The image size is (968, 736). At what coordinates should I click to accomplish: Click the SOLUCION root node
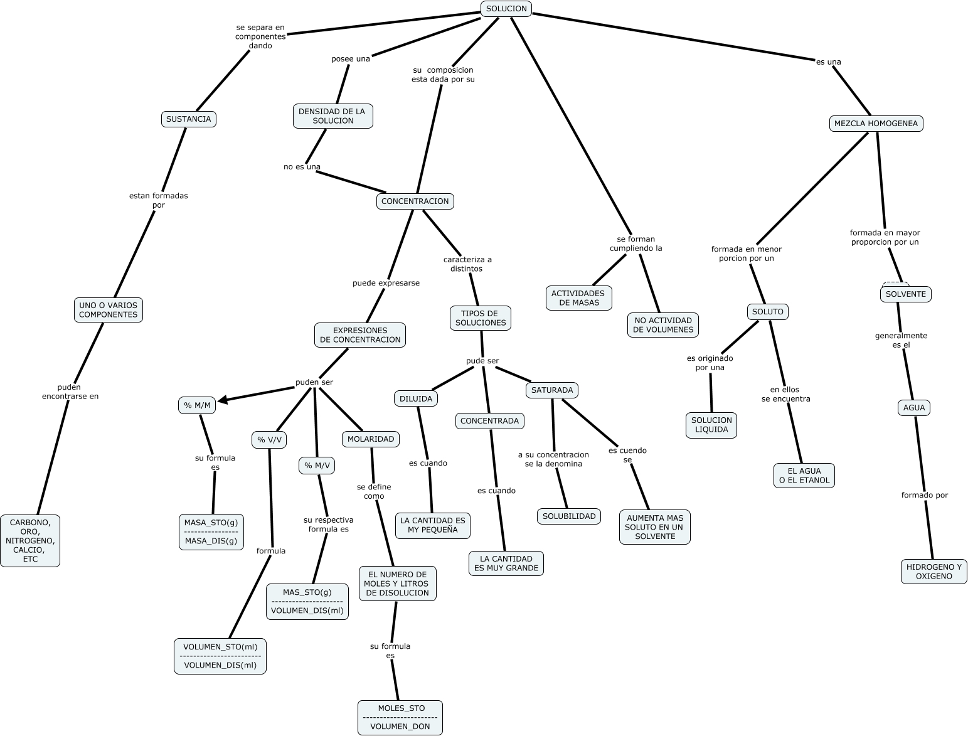[506, 9]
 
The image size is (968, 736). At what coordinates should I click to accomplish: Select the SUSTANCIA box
[188, 119]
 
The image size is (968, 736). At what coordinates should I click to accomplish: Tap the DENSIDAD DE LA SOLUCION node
[332, 116]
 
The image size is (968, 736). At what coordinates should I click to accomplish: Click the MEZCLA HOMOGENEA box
[876, 124]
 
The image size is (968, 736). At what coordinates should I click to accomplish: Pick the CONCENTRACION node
[415, 201]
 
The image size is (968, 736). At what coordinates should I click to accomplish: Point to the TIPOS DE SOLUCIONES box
[481, 318]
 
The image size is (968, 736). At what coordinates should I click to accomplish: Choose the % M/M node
[197, 406]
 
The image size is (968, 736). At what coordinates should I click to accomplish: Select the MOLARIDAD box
[371, 439]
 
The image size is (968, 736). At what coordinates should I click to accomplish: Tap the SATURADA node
[551, 390]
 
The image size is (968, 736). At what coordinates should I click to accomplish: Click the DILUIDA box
[416, 398]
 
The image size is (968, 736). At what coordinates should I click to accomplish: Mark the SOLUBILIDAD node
[569, 516]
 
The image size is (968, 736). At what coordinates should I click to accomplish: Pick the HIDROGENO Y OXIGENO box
[933, 572]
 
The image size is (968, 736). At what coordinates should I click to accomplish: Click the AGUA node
[914, 408]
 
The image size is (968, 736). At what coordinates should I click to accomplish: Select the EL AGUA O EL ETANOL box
[804, 476]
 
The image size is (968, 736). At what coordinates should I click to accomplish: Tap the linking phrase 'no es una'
[302, 167]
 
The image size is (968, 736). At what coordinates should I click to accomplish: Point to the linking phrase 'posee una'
[351, 59]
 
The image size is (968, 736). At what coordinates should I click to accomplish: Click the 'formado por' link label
[924, 495]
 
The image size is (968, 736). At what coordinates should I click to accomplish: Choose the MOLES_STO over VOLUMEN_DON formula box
[400, 717]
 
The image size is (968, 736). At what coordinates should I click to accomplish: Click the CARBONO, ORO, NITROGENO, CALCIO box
[30, 541]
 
